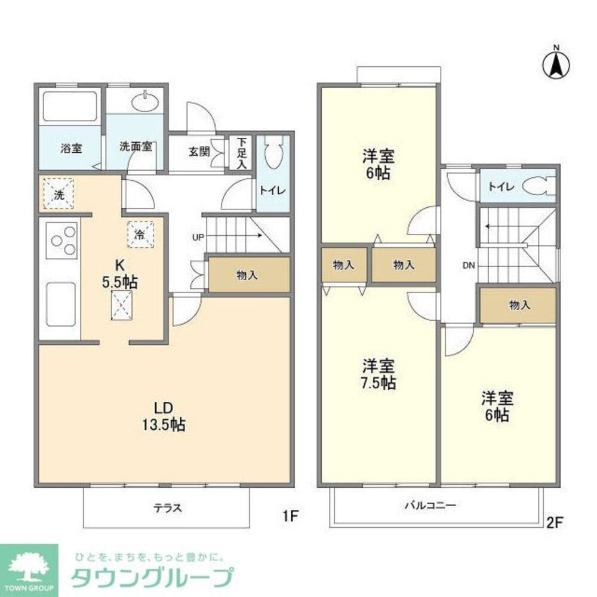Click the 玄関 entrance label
tap(199, 152)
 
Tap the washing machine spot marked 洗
tap(58, 193)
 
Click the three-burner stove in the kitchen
tap(63, 241)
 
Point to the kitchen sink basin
tap(62, 301)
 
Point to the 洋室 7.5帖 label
tap(379, 374)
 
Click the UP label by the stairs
tap(198, 237)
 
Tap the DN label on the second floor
tap(468, 266)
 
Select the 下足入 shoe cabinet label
tap(241, 153)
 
